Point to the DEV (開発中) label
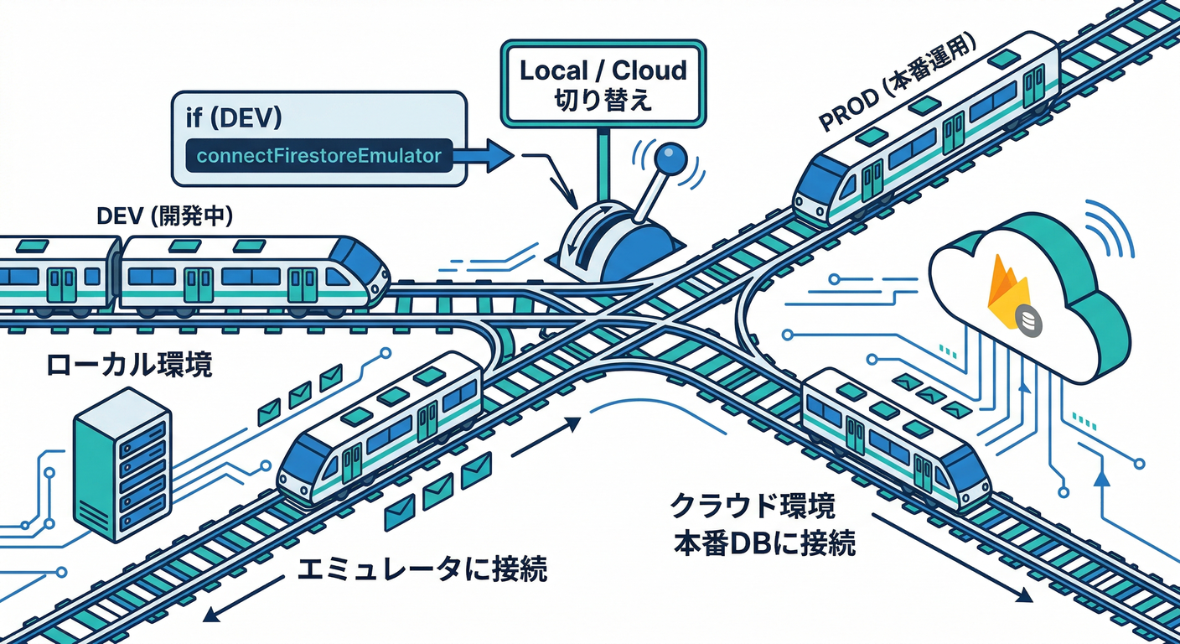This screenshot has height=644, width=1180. click(165, 216)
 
